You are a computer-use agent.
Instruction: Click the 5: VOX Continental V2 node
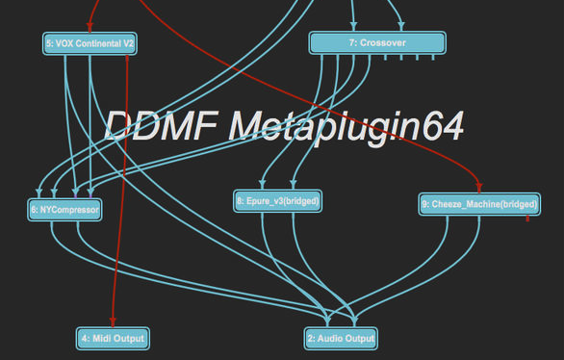pyautogui.click(x=90, y=43)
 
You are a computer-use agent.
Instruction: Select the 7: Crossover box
pyautogui.click(x=376, y=43)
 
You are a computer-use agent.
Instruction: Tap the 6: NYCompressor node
pyautogui.click(x=64, y=209)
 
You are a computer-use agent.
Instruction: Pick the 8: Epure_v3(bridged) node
pyautogui.click(x=277, y=201)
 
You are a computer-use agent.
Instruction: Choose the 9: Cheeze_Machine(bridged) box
pyautogui.click(x=478, y=204)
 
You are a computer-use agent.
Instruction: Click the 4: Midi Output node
pyautogui.click(x=113, y=338)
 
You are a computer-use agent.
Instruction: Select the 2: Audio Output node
pyautogui.click(x=341, y=338)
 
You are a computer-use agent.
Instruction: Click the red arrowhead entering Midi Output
pyautogui.click(x=113, y=323)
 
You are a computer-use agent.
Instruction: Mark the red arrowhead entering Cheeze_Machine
pyautogui.click(x=478, y=189)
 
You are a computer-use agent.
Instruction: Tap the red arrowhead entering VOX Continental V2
pyautogui.click(x=90, y=29)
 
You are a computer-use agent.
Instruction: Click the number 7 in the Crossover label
pyautogui.click(x=352, y=43)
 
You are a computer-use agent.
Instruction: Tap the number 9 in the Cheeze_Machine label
pyautogui.click(x=425, y=204)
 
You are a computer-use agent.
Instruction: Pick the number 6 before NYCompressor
pyautogui.click(x=34, y=209)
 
